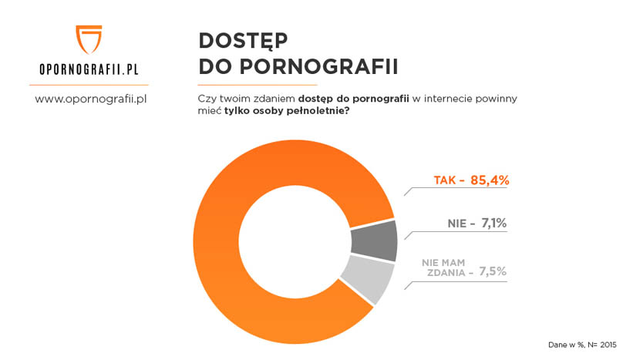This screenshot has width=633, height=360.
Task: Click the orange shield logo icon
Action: point(89,38)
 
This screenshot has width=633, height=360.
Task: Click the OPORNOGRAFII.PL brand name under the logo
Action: point(89,69)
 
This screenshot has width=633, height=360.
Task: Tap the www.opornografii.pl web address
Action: point(89,99)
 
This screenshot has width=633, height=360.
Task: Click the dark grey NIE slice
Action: point(374,241)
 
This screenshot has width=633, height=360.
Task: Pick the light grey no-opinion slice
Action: point(367,279)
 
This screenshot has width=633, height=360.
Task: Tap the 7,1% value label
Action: point(493,224)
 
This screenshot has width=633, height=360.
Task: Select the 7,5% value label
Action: point(493,271)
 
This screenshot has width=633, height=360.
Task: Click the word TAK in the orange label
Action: point(445,180)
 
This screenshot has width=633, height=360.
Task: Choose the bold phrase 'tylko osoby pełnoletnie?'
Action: point(287,111)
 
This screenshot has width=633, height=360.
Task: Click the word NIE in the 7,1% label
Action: point(457,224)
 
